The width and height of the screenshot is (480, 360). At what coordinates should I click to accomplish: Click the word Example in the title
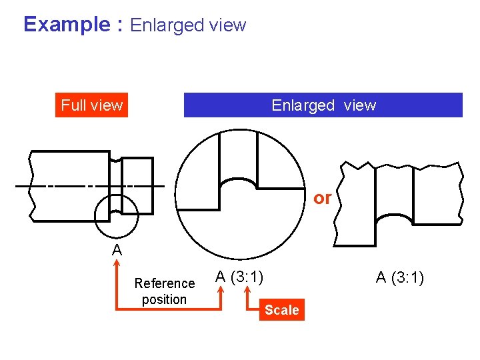[x=66, y=25]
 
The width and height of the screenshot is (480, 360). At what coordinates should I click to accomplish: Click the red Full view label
[x=92, y=105]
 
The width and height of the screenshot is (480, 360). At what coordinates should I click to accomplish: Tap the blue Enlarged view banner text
[x=323, y=105]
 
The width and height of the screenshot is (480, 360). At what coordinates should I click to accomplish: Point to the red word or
[x=322, y=198]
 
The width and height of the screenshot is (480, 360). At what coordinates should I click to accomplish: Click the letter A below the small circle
[x=117, y=251]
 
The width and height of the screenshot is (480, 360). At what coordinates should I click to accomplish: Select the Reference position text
[x=164, y=291]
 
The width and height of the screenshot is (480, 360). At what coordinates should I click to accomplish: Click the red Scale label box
[x=282, y=310]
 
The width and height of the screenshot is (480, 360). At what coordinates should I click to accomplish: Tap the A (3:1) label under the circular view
[x=239, y=276]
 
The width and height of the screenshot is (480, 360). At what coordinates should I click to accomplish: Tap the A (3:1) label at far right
[x=400, y=277]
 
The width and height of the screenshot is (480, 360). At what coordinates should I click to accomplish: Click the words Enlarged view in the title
[x=188, y=26]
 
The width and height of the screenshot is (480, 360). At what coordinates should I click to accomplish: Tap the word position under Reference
[x=164, y=299]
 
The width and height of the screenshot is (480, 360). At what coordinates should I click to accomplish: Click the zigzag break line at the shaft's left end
[x=29, y=185]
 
